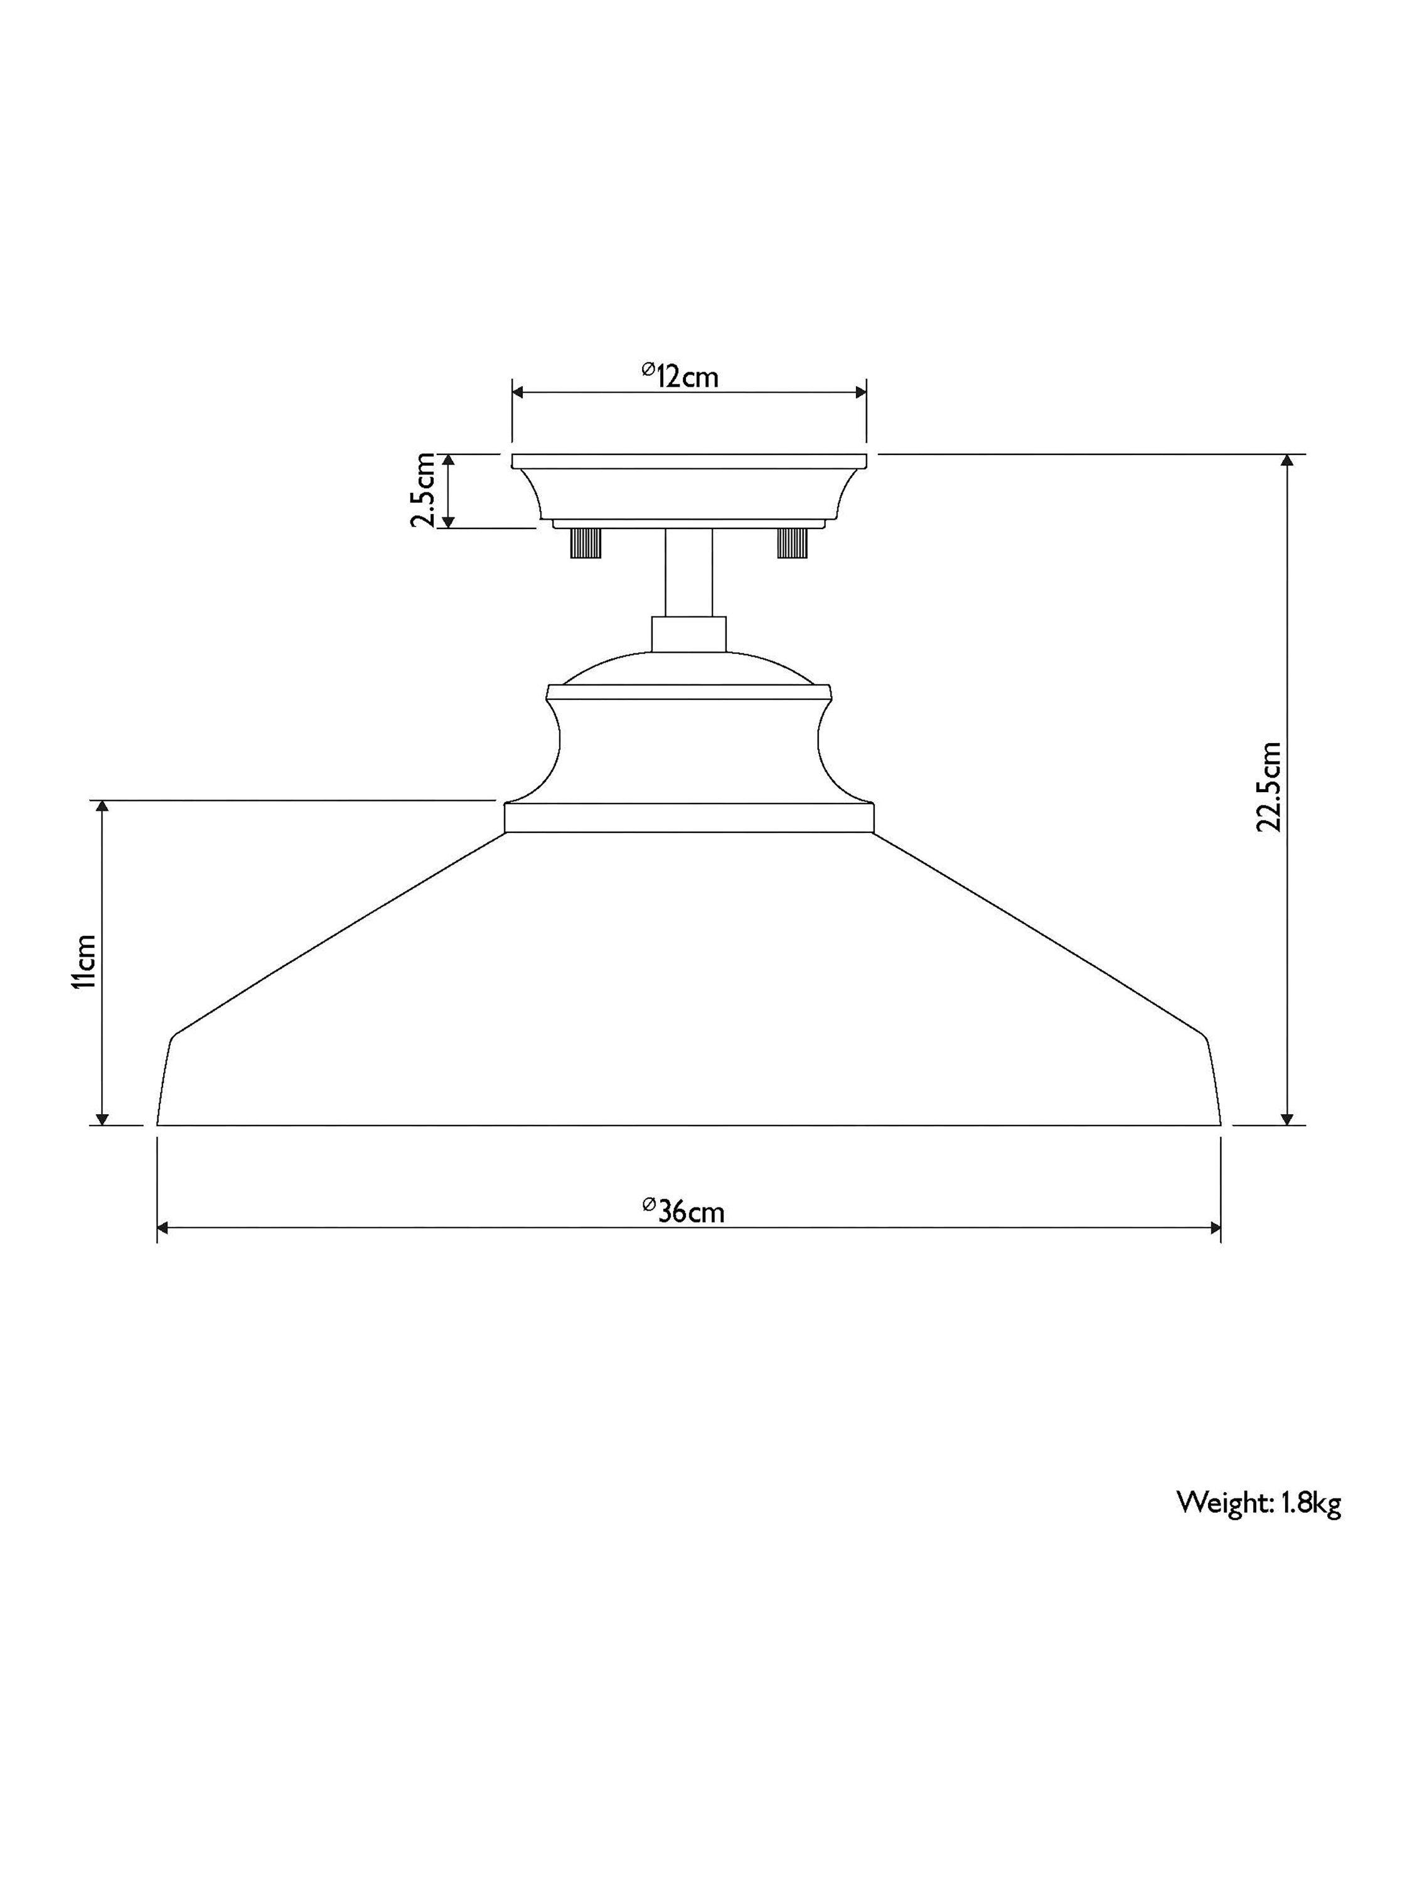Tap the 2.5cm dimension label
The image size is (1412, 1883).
click(x=423, y=490)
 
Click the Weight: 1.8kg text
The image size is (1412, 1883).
click(x=1258, y=1503)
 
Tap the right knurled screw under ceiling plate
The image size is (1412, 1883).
click(x=791, y=542)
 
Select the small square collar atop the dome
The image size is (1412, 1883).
click(x=688, y=634)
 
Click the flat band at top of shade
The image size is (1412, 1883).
click(x=688, y=818)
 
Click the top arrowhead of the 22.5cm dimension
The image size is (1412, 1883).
click(x=1287, y=461)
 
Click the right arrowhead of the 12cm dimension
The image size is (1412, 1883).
click(x=860, y=392)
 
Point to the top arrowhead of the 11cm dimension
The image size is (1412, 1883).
click(x=102, y=808)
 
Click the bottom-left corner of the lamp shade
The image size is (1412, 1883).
click(x=158, y=1124)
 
